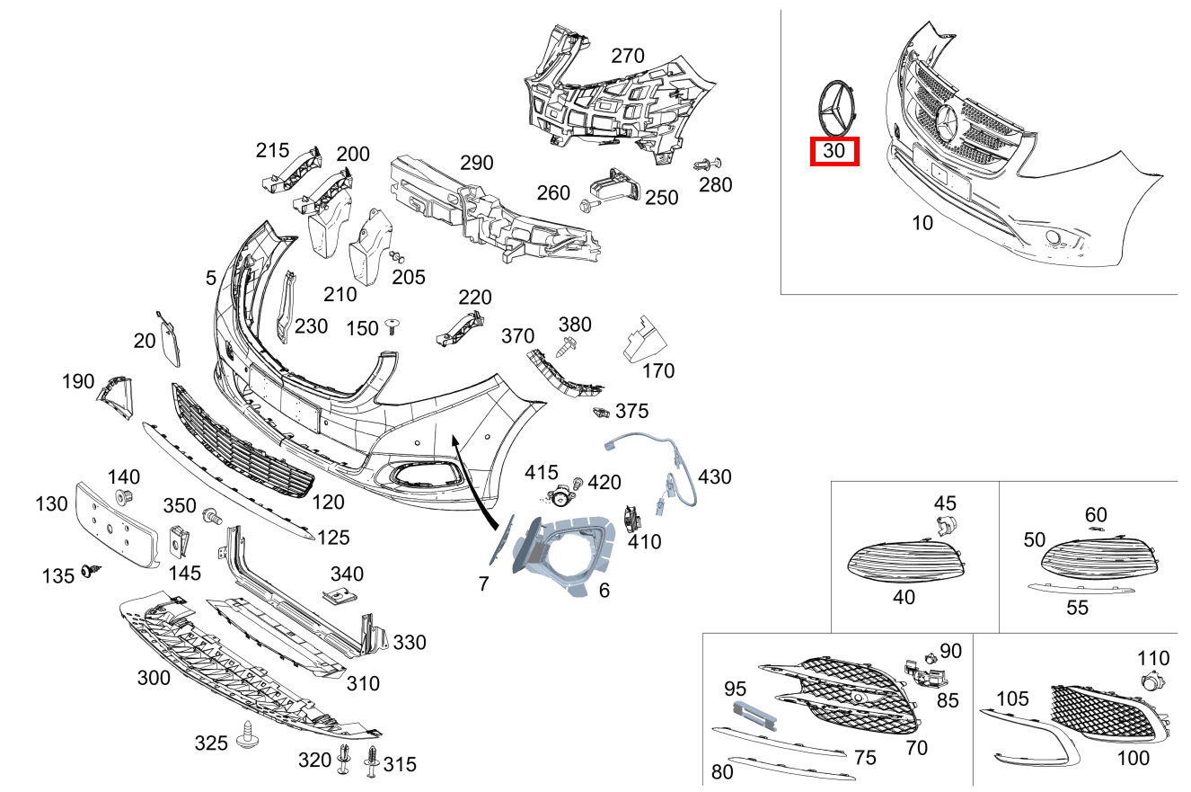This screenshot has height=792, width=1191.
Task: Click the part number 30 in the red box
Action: coord(834,151)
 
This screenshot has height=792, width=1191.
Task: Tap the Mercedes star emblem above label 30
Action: coord(835,107)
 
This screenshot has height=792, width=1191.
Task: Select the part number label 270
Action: coord(627,56)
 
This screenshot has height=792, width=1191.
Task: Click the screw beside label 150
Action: coord(392,325)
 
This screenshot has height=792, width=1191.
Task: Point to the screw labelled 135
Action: coord(91,570)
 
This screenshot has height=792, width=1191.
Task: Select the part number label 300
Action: coord(154,677)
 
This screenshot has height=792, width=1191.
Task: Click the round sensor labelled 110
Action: coord(1149,682)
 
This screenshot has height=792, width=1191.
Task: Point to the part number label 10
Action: coord(922,223)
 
